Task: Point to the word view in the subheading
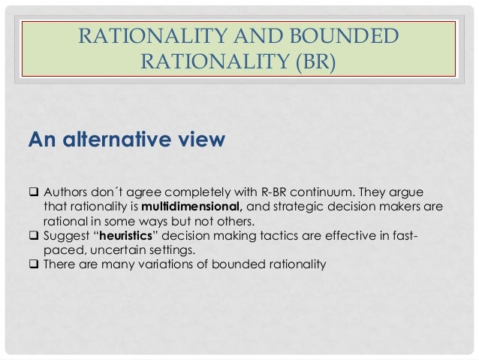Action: tap(200, 140)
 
